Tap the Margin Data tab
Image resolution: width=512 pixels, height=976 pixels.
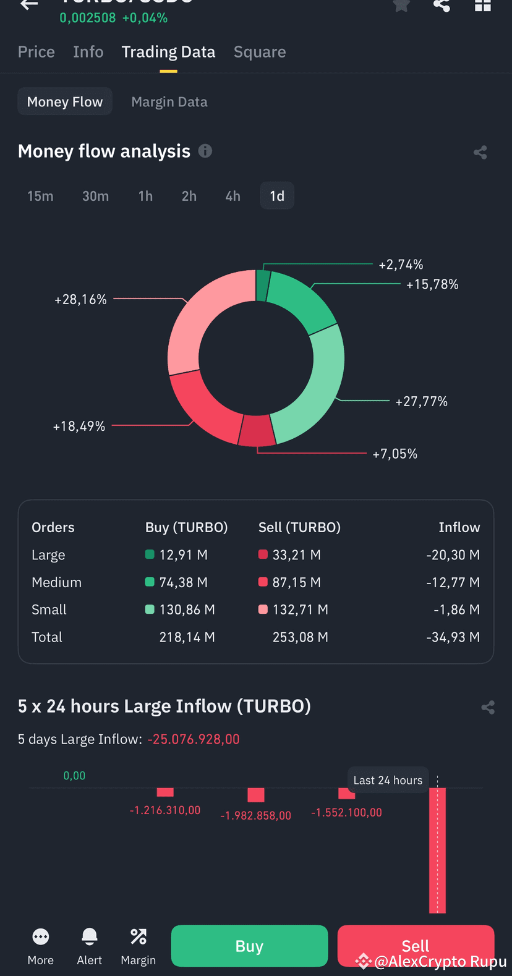pyautogui.click(x=169, y=102)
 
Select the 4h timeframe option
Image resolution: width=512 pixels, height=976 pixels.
pyautogui.click(x=233, y=196)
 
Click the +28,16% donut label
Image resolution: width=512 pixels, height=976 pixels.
pyautogui.click(x=80, y=300)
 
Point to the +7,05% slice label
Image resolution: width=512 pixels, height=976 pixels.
pyautogui.click(x=395, y=454)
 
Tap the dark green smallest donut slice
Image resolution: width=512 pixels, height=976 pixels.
pyautogui.click(x=263, y=285)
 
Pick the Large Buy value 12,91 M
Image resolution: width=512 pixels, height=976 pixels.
pyautogui.click(x=183, y=555)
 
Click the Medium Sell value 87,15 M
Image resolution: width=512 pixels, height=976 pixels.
pyautogui.click(x=296, y=582)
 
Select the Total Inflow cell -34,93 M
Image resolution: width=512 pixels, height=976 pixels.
pyautogui.click(x=453, y=637)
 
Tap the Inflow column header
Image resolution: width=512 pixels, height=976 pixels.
pyautogui.click(x=459, y=527)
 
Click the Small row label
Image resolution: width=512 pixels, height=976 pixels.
pyautogui.click(x=49, y=609)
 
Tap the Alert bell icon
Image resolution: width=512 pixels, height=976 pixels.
pyautogui.click(x=90, y=937)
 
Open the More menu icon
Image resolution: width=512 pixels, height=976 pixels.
pyautogui.click(x=41, y=937)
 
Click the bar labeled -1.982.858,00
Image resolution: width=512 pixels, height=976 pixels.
pyautogui.click(x=256, y=795)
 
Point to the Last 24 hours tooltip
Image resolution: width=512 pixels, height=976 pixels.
pyautogui.click(x=388, y=780)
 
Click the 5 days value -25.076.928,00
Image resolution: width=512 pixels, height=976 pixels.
pyautogui.click(x=194, y=739)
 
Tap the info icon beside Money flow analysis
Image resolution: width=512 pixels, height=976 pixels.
pyautogui.click(x=205, y=151)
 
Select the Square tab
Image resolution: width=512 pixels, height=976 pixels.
pyautogui.click(x=260, y=53)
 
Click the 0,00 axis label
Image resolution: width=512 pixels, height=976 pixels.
pyautogui.click(x=74, y=776)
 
